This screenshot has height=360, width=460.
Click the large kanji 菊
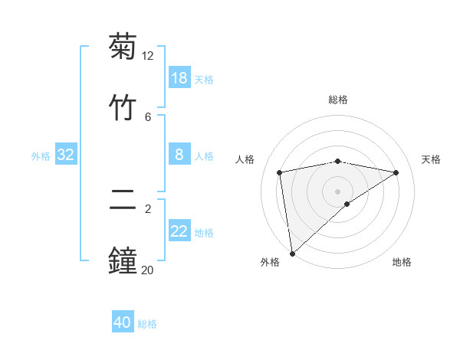pos(123,47)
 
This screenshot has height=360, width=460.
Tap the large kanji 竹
pos(123,106)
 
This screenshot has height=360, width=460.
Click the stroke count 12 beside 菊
pos(148,56)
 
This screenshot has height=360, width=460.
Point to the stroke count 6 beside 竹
pos(148,116)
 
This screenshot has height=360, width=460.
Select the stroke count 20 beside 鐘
pos(147,269)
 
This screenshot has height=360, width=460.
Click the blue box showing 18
pos(179,78)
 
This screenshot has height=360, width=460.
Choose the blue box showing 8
pos(179,155)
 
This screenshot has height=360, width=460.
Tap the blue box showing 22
pos(179,231)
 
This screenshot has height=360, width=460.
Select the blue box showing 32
pos(66,155)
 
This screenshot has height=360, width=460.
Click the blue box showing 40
pos(123,322)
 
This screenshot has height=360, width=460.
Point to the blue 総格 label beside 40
pos(148,324)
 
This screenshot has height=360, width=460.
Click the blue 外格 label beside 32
pos(41,156)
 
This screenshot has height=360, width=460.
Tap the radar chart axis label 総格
pos(338,100)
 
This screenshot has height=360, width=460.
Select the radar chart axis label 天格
pos(432,159)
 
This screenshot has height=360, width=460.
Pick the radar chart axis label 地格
pos(402,263)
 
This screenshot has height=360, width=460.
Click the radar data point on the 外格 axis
pos(291,254)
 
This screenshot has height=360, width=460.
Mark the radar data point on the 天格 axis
pos(396,172)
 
